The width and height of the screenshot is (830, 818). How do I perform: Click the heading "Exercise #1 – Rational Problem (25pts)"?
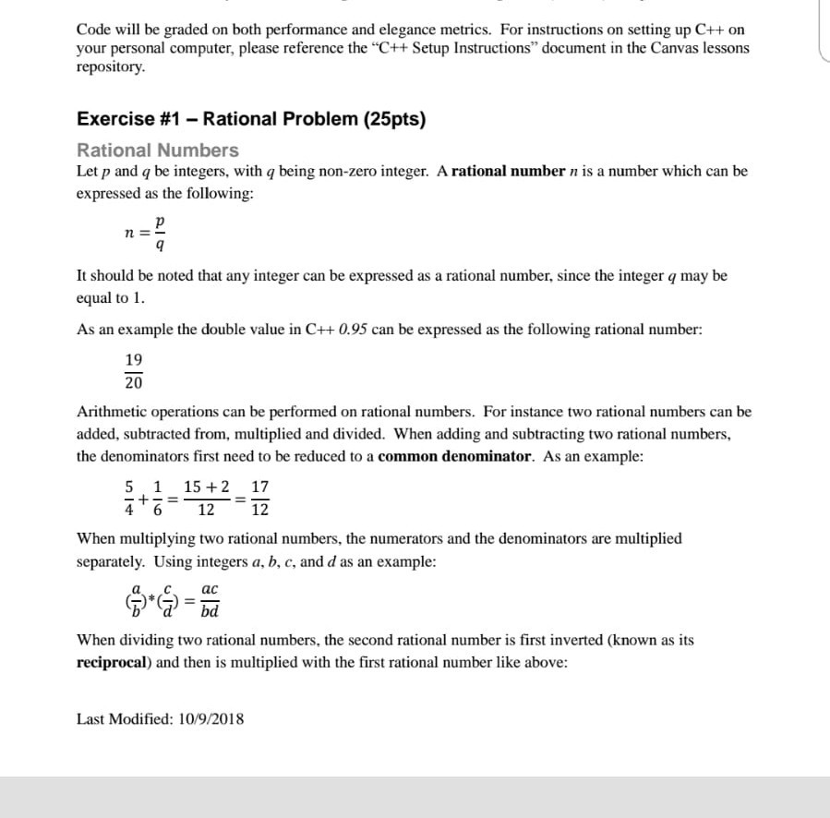[251, 119]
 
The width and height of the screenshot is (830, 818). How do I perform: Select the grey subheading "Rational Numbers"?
[157, 150]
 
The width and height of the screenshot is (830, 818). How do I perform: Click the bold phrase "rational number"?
[508, 172]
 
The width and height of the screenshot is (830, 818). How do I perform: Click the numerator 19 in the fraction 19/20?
[134, 360]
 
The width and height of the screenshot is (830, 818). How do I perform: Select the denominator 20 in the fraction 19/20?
[134, 382]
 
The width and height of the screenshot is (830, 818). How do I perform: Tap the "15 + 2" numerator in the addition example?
[207, 487]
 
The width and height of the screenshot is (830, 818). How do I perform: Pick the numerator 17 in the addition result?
[260, 487]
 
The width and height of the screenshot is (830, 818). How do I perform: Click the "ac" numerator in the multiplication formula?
[210, 589]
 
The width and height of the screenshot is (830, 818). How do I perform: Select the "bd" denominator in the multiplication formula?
[210, 610]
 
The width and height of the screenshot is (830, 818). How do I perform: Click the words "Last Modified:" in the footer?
[121, 718]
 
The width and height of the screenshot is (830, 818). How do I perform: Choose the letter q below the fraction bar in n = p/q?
[161, 246]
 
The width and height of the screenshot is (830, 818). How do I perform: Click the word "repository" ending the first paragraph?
[109, 67]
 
